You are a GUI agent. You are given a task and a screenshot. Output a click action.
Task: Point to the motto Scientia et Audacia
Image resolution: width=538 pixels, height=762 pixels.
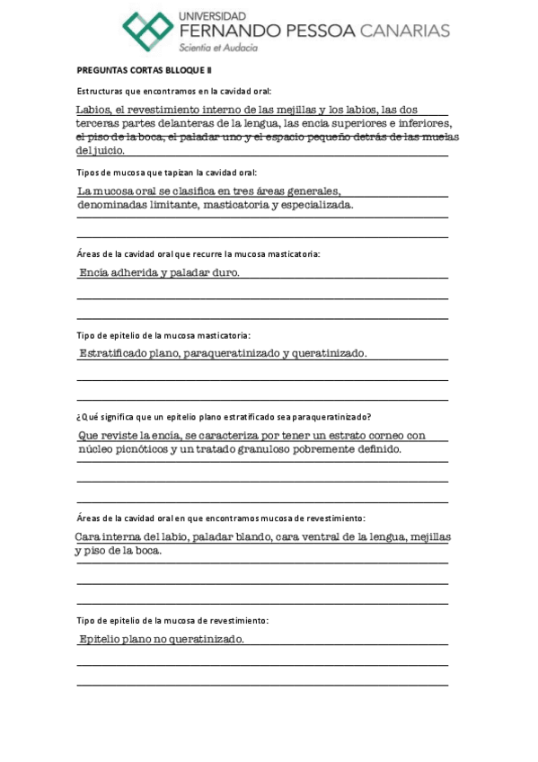[218, 48]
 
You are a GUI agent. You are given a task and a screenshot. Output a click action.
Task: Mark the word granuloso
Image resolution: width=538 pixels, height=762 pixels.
[271, 449]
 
